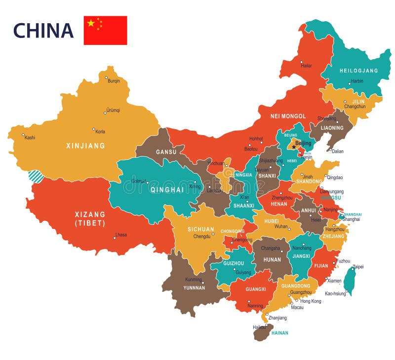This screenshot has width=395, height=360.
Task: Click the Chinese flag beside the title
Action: click(x=105, y=30)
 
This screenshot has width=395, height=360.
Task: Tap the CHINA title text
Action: click(x=43, y=31)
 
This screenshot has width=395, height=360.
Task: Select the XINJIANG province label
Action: click(x=86, y=146)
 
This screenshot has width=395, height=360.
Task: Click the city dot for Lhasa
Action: click(x=115, y=238)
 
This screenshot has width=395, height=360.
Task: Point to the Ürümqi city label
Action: click(x=113, y=110)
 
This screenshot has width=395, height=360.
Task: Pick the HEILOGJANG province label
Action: click(x=358, y=71)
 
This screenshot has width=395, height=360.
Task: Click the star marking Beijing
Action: click(x=294, y=146)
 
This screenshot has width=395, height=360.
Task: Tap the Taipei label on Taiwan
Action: click(x=358, y=267)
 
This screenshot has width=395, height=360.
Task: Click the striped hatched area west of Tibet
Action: click(x=36, y=176)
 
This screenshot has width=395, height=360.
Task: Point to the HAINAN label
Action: click(x=279, y=333)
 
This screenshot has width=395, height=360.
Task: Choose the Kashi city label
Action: click(x=30, y=138)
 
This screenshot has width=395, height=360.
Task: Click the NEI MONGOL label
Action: click(x=288, y=116)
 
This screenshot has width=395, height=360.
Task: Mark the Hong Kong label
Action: click(x=311, y=301)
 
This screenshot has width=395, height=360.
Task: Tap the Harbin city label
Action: click(x=356, y=81)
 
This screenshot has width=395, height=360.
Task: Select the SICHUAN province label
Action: click(x=200, y=229)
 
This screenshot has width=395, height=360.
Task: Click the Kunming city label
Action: click(x=194, y=280)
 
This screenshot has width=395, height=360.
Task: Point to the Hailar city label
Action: click(x=306, y=65)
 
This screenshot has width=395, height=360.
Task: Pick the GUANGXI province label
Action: click(x=255, y=289)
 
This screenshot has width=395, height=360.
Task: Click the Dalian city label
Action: click(x=337, y=151)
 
